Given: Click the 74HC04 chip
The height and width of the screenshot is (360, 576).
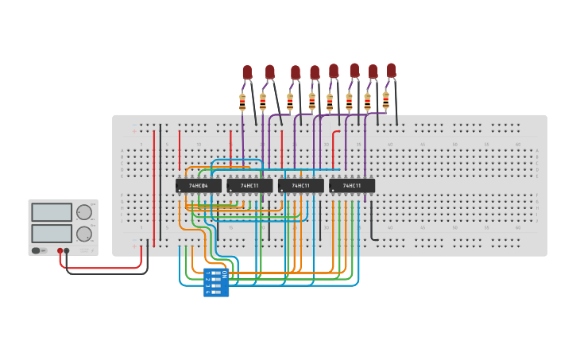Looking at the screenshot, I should click(x=199, y=185).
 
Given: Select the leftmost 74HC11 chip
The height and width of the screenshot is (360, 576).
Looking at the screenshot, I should click(x=249, y=185).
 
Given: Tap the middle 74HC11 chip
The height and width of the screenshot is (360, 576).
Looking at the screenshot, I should click(x=300, y=185).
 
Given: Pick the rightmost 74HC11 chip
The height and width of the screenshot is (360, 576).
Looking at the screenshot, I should click(x=352, y=185).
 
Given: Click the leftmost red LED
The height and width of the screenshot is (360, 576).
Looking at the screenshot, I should click(x=247, y=72).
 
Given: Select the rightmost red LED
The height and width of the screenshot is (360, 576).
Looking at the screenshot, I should click(x=391, y=71).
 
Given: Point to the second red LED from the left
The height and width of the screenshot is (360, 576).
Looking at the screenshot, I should click(x=269, y=72).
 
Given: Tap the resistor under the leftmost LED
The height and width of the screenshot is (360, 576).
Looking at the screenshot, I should click(x=242, y=102).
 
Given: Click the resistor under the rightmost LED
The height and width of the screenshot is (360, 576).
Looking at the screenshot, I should click(x=386, y=100).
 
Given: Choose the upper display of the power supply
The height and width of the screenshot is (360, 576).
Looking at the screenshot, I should click(x=52, y=212).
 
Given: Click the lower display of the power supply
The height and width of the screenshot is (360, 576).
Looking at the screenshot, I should click(x=52, y=233).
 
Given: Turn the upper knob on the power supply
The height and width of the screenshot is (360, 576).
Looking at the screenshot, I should click(x=83, y=212).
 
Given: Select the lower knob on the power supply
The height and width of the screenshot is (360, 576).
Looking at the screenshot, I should click(x=83, y=234).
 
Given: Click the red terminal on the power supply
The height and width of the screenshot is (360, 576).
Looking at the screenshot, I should click(x=60, y=250).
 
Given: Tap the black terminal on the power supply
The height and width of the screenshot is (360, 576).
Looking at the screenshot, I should click(x=67, y=250).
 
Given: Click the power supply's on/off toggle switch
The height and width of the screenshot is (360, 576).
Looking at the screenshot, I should click(x=36, y=250).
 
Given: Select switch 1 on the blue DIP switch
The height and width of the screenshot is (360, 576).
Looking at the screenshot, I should click(x=215, y=273).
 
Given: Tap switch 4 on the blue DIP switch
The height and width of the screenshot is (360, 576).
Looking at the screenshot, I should click(x=215, y=292).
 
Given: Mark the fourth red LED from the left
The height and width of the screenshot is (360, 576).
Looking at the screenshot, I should click(x=315, y=72).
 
